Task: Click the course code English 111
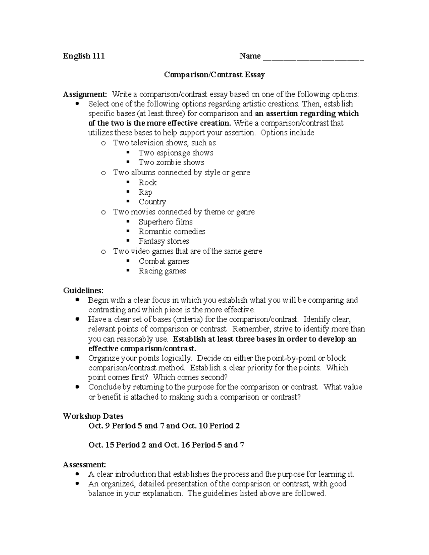[84, 56]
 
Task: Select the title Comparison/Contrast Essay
[214, 75]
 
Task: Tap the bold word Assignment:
[85, 94]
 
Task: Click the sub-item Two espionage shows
[176, 153]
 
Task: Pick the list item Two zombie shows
[171, 163]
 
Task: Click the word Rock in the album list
[147, 183]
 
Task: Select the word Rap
[145, 192]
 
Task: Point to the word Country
[152, 202]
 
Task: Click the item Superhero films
[166, 222]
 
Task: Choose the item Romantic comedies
[172, 232]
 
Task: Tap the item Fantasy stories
[164, 241]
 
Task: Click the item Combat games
[164, 261]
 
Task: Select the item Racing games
[162, 271]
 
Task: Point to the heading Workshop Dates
[93, 416]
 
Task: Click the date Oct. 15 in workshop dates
[101, 445]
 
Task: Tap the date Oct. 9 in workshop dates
[99, 426]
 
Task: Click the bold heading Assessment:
[84, 465]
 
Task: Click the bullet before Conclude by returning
[77, 387]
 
